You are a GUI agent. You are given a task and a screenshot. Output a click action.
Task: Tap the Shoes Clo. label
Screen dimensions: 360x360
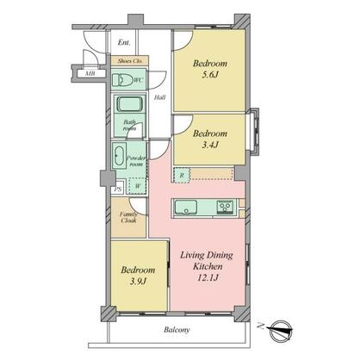(129, 60)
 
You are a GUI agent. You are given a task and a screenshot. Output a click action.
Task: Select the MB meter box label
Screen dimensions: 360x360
(90, 73)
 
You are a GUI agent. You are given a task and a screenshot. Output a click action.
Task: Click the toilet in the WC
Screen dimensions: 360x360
(121, 80)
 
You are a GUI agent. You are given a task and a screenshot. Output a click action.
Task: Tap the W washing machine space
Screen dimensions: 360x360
(138, 185)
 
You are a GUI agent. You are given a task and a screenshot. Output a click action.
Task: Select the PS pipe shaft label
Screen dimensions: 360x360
(117, 189)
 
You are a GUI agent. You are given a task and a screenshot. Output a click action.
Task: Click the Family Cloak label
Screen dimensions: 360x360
(128, 217)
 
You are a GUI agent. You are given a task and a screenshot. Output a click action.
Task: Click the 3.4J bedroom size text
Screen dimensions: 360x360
(209, 147)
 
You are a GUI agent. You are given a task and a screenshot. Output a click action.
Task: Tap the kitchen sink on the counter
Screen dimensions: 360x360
(189, 208)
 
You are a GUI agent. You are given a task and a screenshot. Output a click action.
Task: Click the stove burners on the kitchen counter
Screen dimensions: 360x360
(225, 207)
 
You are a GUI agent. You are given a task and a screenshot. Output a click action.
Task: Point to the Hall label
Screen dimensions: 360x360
(160, 97)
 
